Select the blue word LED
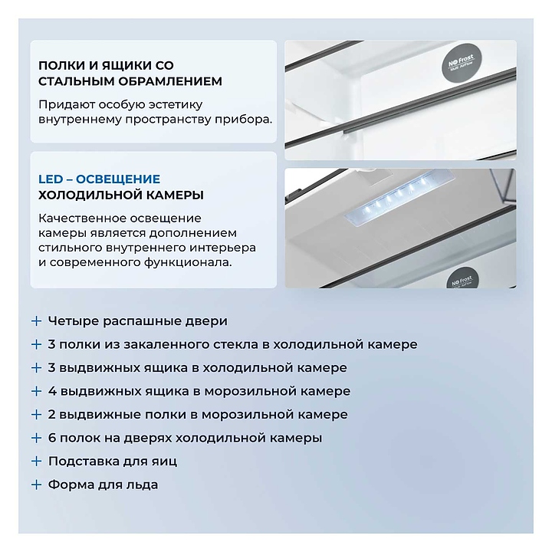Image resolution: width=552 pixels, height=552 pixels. tap(51, 179)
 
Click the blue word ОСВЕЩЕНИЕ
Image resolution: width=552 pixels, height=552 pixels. tap(118, 179)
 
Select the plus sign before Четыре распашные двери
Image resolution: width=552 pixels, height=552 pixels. tap(36, 321)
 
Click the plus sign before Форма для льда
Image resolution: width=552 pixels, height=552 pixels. tap(36, 485)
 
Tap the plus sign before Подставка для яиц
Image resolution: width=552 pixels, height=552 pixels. tap(36, 462)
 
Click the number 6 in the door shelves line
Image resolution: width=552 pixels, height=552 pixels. tap(52, 438)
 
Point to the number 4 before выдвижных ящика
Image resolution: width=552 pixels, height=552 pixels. tap(52, 391)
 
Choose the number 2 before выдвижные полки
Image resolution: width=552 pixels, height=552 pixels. tap(52, 414)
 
